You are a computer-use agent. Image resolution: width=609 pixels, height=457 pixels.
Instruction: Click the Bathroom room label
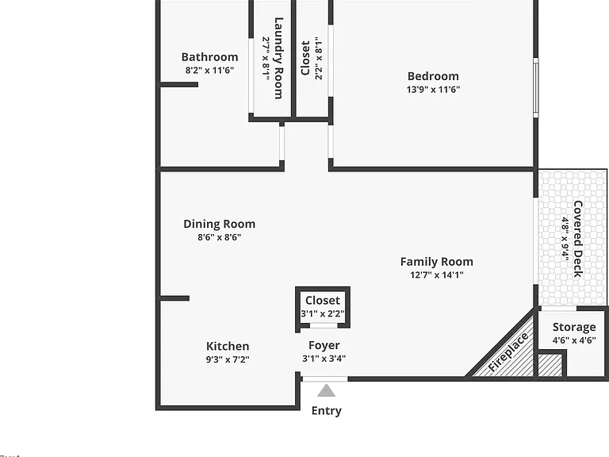[209, 57]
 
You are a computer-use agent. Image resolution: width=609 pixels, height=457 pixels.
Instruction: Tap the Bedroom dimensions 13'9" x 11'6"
[433, 90]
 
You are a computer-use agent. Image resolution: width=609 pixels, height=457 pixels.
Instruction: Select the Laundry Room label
[278, 58]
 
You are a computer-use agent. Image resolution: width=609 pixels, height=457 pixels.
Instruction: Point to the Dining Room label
[220, 225]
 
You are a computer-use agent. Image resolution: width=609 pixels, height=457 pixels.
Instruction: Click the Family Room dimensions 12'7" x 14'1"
[437, 275]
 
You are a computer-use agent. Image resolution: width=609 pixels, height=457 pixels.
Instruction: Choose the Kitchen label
[228, 346]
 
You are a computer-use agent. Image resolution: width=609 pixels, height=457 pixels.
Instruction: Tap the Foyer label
[324, 345]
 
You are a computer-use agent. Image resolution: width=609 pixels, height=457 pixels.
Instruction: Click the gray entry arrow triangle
[326, 390]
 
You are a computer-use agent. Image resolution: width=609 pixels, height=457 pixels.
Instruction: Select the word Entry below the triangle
[326, 411]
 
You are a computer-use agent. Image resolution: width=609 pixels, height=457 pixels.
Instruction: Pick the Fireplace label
[508, 352]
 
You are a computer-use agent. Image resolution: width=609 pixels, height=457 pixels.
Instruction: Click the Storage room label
[574, 327]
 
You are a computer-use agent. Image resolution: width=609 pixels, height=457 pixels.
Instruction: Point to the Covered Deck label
[578, 239]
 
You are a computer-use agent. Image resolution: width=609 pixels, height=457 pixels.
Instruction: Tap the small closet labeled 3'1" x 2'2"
[323, 308]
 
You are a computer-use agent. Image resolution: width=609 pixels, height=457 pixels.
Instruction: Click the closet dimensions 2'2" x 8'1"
[319, 58]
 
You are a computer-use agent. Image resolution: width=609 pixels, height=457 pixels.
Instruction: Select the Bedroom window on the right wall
[535, 87]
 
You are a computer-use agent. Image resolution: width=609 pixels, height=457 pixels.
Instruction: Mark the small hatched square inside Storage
[550, 365]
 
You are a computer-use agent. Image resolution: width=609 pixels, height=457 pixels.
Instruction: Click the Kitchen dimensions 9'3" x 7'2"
[228, 359]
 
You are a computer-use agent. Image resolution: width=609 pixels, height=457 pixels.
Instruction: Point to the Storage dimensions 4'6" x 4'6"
[574, 340]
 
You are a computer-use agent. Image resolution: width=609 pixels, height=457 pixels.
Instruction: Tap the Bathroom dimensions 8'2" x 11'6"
[209, 71]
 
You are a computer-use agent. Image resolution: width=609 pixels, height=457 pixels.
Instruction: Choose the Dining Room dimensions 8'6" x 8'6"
[220, 237]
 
